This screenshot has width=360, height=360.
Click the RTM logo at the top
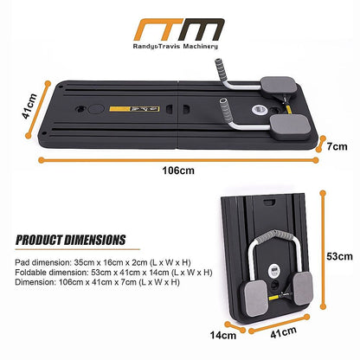(x=179, y=29)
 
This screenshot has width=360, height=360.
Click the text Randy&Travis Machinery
(x=176, y=46)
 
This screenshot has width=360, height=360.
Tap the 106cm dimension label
(x=178, y=170)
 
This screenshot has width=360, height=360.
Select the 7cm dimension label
(x=337, y=146)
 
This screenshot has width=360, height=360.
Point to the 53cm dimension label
(x=339, y=256)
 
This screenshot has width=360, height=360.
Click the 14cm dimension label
(x=223, y=335)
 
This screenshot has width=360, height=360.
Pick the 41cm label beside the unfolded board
(x=30, y=106)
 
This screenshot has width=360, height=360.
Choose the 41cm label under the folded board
(x=283, y=332)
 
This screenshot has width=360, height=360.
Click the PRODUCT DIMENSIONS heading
(x=71, y=240)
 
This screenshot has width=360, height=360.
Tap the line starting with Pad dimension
(x=103, y=262)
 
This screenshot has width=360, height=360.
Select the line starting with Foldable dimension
(x=113, y=273)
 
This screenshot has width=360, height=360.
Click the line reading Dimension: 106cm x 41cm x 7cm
(x=97, y=282)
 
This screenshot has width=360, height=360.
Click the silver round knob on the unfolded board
(x=259, y=110)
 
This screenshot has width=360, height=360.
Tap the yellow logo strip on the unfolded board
(x=134, y=109)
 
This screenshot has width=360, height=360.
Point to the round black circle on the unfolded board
(x=96, y=109)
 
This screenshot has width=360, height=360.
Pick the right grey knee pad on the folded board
(x=303, y=288)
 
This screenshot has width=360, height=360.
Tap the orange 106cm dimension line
(x=178, y=160)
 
